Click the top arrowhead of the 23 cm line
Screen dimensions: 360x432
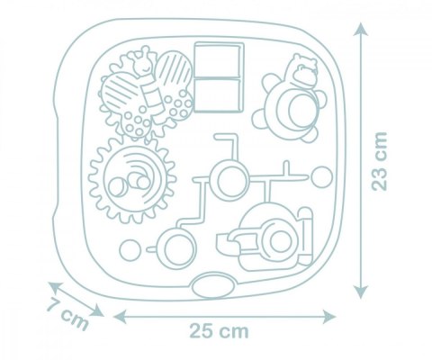(360, 31)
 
